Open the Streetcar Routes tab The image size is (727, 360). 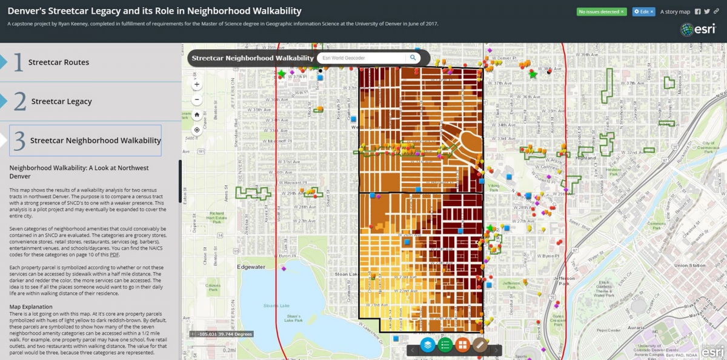pyautogui.click(x=58, y=62)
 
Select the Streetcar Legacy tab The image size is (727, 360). pyautogui.click(x=61, y=102)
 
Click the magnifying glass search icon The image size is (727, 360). pyautogui.click(x=413, y=58)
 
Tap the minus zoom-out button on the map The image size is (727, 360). pyautogui.click(x=197, y=99)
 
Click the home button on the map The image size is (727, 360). pyautogui.click(x=197, y=115)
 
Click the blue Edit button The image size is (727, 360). pyautogui.click(x=643, y=12)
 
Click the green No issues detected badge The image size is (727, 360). pyautogui.click(x=601, y=12)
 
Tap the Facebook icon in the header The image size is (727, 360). pyautogui.click(x=698, y=12)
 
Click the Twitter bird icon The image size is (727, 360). pyautogui.click(x=707, y=12)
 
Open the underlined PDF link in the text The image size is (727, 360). pyautogui.click(x=115, y=255)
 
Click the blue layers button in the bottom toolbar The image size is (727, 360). pyautogui.click(x=428, y=345)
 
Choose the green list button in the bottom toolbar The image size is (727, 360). pyautogui.click(x=445, y=345)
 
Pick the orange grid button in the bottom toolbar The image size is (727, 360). pyautogui.click(x=463, y=345)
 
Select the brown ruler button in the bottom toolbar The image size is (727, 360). pyautogui.click(x=480, y=345)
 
